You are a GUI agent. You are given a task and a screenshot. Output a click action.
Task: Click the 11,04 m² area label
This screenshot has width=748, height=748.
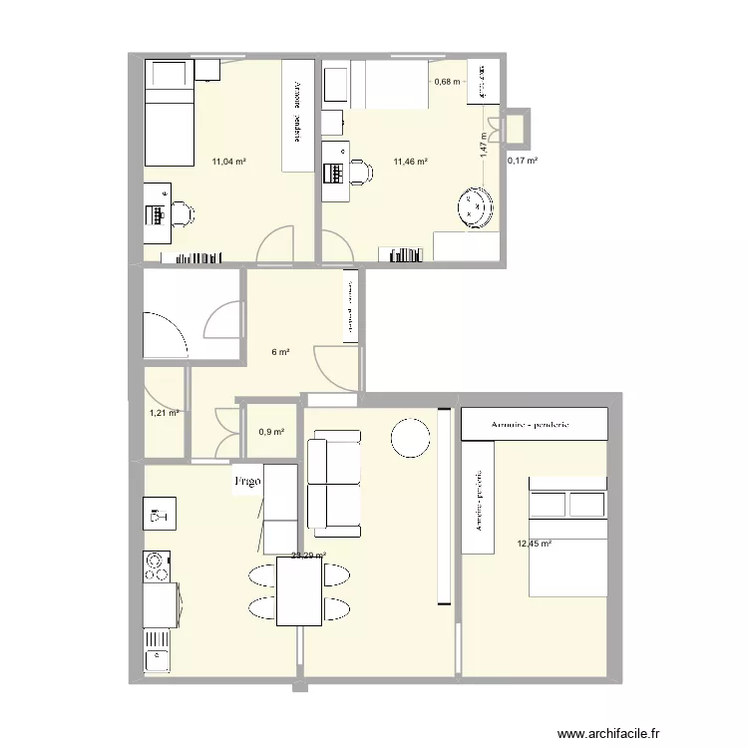point(228,161)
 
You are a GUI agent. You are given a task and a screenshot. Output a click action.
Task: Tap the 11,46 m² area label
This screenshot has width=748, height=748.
point(410,161)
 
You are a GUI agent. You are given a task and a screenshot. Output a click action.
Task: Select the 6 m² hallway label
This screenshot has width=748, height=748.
point(281,352)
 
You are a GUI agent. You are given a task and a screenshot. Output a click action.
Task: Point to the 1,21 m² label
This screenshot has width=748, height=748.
point(164,413)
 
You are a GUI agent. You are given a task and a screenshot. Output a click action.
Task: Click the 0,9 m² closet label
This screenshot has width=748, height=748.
point(271,432)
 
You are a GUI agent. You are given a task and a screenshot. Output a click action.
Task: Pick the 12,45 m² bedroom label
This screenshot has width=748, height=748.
point(534,544)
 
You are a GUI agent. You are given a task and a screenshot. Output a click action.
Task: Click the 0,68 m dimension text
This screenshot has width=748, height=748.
point(447,82)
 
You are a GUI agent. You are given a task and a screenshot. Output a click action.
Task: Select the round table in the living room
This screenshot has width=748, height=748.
point(409,436)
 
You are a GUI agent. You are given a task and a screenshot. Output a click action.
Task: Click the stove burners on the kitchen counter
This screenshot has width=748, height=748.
point(156,566)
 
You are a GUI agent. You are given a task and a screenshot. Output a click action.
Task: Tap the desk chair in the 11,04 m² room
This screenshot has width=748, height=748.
point(182,213)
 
